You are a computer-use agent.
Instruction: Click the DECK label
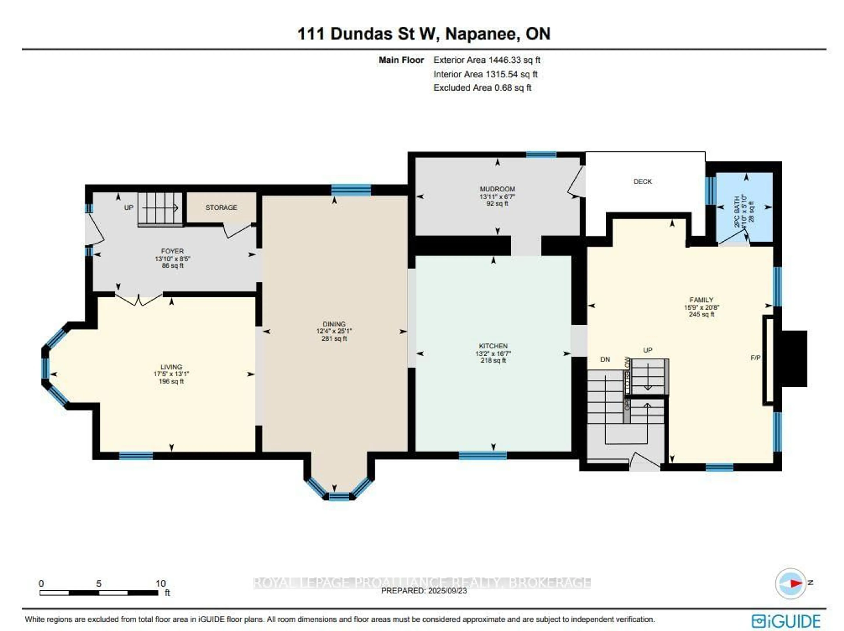[642, 182]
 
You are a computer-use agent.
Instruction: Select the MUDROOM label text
[497, 189]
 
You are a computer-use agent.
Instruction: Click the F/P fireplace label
[755, 358]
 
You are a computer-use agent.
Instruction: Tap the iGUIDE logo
[786, 621]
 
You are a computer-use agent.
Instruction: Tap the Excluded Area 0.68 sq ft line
[482, 88]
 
